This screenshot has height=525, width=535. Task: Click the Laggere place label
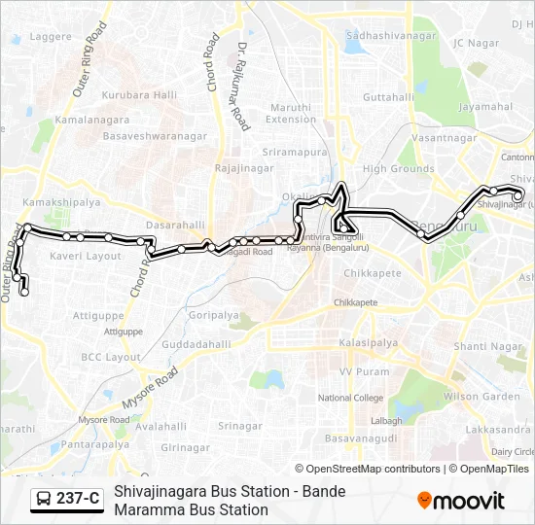pos(51,37)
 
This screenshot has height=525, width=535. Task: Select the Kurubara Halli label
pos(139,94)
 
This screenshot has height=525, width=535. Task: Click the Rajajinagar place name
pos(240,168)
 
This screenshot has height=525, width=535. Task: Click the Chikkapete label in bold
pos(369,273)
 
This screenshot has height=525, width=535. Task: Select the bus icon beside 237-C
pos(44,499)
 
